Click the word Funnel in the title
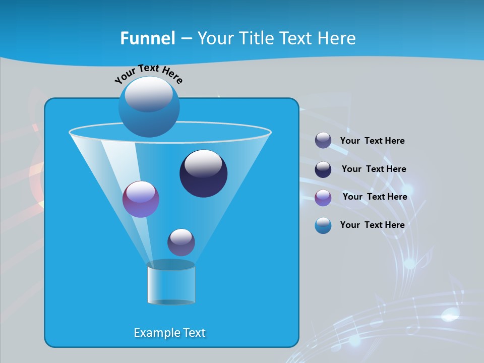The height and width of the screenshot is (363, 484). click(x=147, y=38)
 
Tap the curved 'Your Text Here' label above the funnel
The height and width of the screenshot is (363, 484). click(x=148, y=74)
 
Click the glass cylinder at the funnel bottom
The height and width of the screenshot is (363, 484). click(x=171, y=283)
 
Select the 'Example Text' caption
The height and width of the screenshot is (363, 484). click(x=169, y=333)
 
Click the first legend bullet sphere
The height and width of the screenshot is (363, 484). click(x=323, y=141)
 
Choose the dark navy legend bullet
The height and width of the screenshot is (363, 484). click(x=323, y=169)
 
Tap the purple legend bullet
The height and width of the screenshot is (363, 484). click(x=323, y=198)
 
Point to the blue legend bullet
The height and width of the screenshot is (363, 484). click(x=323, y=225)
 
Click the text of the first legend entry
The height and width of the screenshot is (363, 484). click(x=372, y=141)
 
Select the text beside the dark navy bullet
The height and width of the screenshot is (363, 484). click(x=374, y=169)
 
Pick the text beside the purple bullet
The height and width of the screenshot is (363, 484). click(x=375, y=197)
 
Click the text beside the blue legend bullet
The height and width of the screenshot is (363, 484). click(x=372, y=225)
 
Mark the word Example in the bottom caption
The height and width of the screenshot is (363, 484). click(x=156, y=333)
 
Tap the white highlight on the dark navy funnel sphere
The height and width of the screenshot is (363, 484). click(x=204, y=164)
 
